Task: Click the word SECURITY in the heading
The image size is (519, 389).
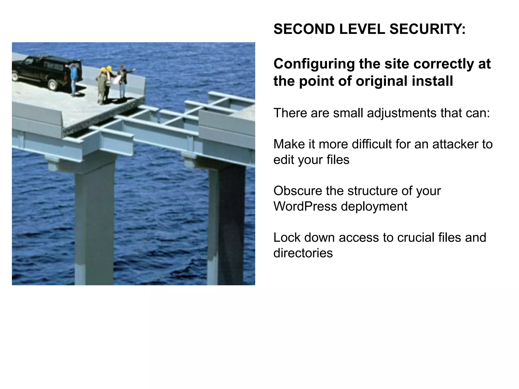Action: click(x=428, y=29)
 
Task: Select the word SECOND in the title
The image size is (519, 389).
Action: click(x=304, y=29)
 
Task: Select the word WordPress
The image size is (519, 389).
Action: click(x=305, y=206)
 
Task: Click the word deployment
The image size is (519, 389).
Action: click(x=374, y=207)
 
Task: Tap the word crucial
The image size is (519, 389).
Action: click(x=412, y=238)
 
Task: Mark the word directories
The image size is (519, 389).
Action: click(x=303, y=253)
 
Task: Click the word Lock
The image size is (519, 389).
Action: click(x=287, y=238)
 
